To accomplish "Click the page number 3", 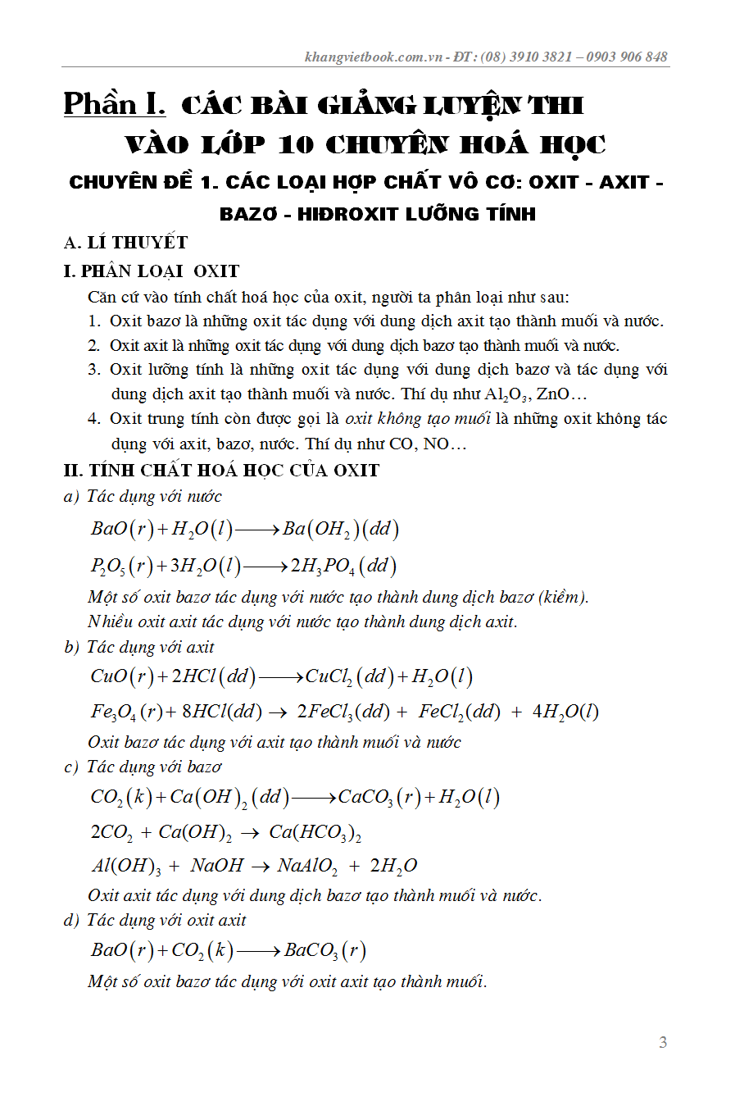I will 663,1042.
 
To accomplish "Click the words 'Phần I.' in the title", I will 115,104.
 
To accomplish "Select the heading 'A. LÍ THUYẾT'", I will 126,243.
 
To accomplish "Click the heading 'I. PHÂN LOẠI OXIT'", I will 152,271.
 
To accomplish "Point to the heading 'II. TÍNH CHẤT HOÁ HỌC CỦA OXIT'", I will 221,471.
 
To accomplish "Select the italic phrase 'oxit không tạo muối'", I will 418,419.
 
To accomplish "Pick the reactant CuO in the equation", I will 109,676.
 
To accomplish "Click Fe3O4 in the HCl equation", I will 113,712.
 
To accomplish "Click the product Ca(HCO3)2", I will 315,832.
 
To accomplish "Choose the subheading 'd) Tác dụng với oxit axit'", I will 155,921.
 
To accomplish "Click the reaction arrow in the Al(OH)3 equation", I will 261,866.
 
